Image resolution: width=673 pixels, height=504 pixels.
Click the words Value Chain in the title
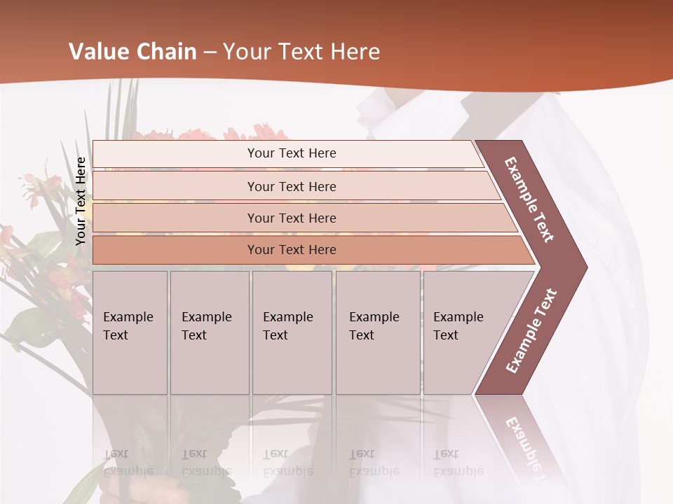(x=132, y=52)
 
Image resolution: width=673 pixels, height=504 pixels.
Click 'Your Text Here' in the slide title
(x=301, y=52)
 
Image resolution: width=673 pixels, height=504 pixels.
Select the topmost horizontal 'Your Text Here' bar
(x=292, y=153)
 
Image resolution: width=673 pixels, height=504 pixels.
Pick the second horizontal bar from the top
(x=292, y=186)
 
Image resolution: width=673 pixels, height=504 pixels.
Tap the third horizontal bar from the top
(x=292, y=218)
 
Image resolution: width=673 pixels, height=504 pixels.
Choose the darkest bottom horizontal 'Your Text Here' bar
(x=292, y=250)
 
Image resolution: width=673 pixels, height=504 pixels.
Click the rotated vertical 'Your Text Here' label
(x=81, y=201)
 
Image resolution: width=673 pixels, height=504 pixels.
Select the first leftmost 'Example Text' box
(x=130, y=332)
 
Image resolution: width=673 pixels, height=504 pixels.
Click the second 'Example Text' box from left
(x=209, y=332)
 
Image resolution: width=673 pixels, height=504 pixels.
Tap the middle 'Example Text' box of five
(x=292, y=332)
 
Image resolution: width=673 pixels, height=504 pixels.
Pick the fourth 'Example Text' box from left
(x=377, y=332)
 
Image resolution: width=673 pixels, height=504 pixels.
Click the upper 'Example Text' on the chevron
(x=529, y=199)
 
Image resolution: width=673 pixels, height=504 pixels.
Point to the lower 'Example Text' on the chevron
(x=531, y=331)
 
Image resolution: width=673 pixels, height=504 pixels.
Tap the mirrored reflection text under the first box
(x=128, y=463)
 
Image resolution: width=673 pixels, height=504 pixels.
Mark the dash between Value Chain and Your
(x=209, y=52)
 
